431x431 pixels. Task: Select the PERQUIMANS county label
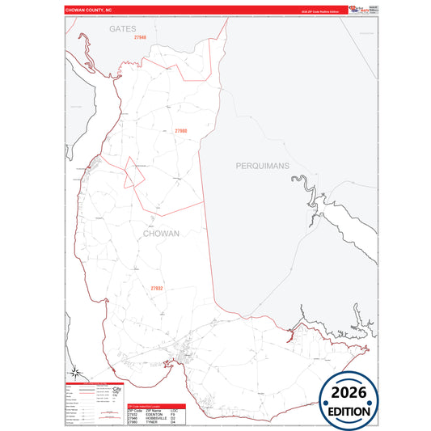pyautogui.click(x=261, y=165)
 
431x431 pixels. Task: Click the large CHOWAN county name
pyautogui.click(x=161, y=233)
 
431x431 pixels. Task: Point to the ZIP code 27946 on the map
pyautogui.click(x=141, y=38)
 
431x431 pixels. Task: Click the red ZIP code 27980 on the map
pyautogui.click(x=180, y=130)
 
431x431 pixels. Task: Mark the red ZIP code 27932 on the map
pyautogui.click(x=156, y=288)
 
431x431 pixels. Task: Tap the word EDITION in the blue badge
pyautogui.click(x=349, y=411)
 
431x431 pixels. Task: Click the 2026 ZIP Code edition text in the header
pyautogui.click(x=318, y=12)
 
